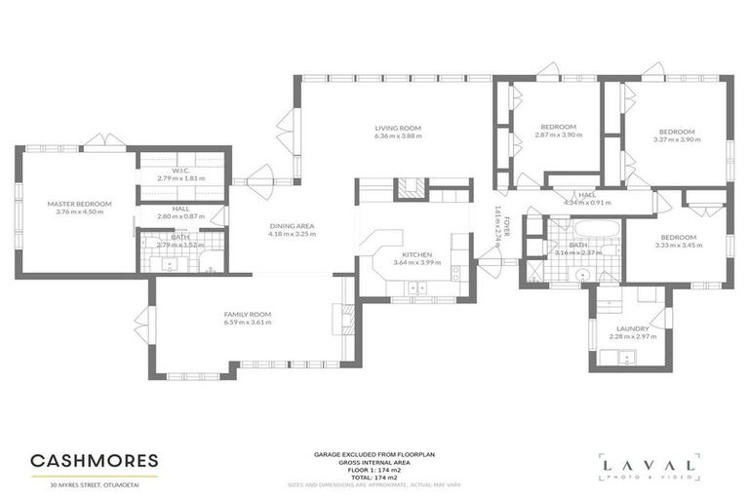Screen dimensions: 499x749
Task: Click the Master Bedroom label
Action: (80, 203)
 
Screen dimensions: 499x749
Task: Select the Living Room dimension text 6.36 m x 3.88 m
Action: (397, 136)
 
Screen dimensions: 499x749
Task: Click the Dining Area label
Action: (293, 226)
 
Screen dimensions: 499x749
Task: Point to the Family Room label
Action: (247, 314)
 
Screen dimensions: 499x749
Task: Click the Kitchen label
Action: (413, 254)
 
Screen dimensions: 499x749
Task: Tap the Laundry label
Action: (632, 328)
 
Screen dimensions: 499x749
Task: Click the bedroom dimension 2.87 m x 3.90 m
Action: (559, 135)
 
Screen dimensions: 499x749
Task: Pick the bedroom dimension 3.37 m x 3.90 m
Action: (676, 140)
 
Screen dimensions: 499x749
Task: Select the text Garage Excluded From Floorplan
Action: (374, 454)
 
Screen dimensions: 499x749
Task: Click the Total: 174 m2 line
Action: (374, 477)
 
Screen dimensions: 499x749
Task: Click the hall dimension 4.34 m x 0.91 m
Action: (586, 203)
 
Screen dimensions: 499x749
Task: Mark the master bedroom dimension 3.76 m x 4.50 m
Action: (80, 211)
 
